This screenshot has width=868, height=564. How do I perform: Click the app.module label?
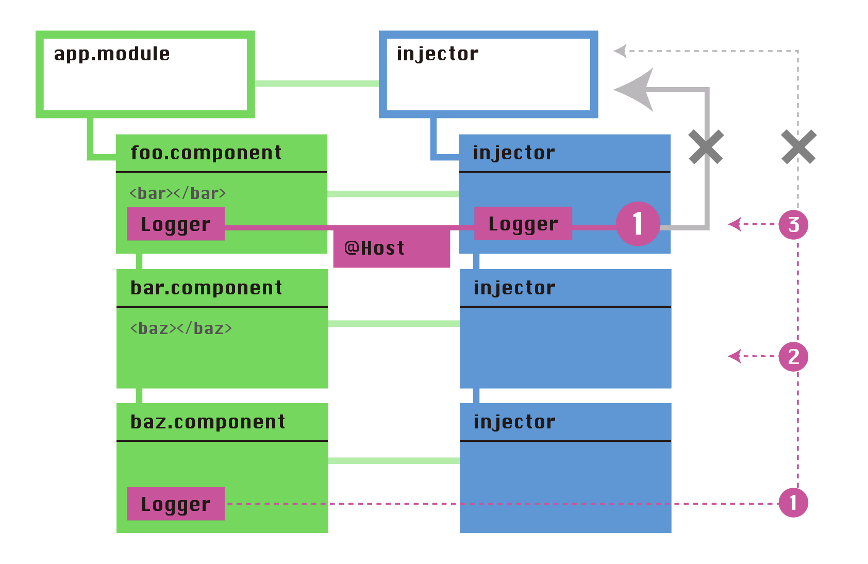(x=111, y=54)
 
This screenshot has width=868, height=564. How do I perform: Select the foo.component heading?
(x=206, y=153)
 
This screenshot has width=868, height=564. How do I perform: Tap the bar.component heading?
(x=206, y=288)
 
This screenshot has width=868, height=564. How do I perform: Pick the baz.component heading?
(x=207, y=422)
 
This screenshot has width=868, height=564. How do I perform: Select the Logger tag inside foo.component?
(x=176, y=224)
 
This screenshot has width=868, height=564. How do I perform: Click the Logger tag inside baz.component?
(x=176, y=504)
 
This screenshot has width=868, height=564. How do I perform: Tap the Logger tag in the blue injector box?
(x=523, y=224)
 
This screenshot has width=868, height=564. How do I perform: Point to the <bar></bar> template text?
(x=178, y=193)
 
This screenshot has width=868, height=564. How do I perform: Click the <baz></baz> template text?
(x=181, y=328)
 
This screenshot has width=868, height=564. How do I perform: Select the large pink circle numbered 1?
(x=638, y=224)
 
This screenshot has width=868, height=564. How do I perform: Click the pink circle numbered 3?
(x=793, y=225)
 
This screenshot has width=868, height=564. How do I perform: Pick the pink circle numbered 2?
(x=793, y=357)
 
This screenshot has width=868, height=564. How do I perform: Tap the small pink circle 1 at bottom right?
(x=793, y=503)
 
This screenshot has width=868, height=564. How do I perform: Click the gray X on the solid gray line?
(x=706, y=147)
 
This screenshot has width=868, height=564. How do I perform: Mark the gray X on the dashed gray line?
(x=798, y=147)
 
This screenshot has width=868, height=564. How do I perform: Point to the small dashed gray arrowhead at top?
(x=621, y=51)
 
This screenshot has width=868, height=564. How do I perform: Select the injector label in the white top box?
(x=437, y=54)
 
